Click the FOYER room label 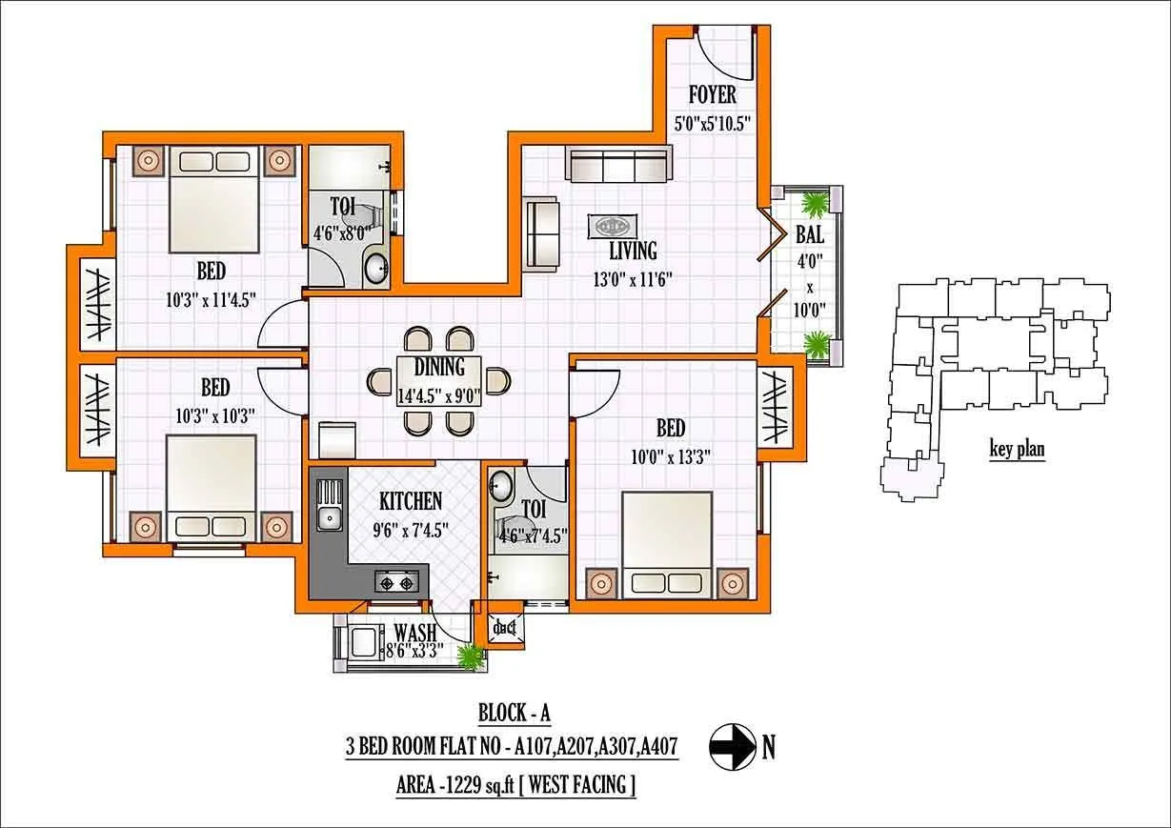click(712, 95)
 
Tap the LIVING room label click(633, 251)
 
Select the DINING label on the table click(439, 367)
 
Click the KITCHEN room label click(410, 501)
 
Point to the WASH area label click(414, 633)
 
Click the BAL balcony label click(810, 234)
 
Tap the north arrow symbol click(731, 747)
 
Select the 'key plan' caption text click(1017, 451)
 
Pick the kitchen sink click(329, 519)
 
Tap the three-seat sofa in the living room click(617, 166)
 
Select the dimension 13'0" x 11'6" click(634, 280)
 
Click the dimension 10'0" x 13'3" click(670, 456)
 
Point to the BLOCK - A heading click(515, 714)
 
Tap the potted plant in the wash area click(468, 656)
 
